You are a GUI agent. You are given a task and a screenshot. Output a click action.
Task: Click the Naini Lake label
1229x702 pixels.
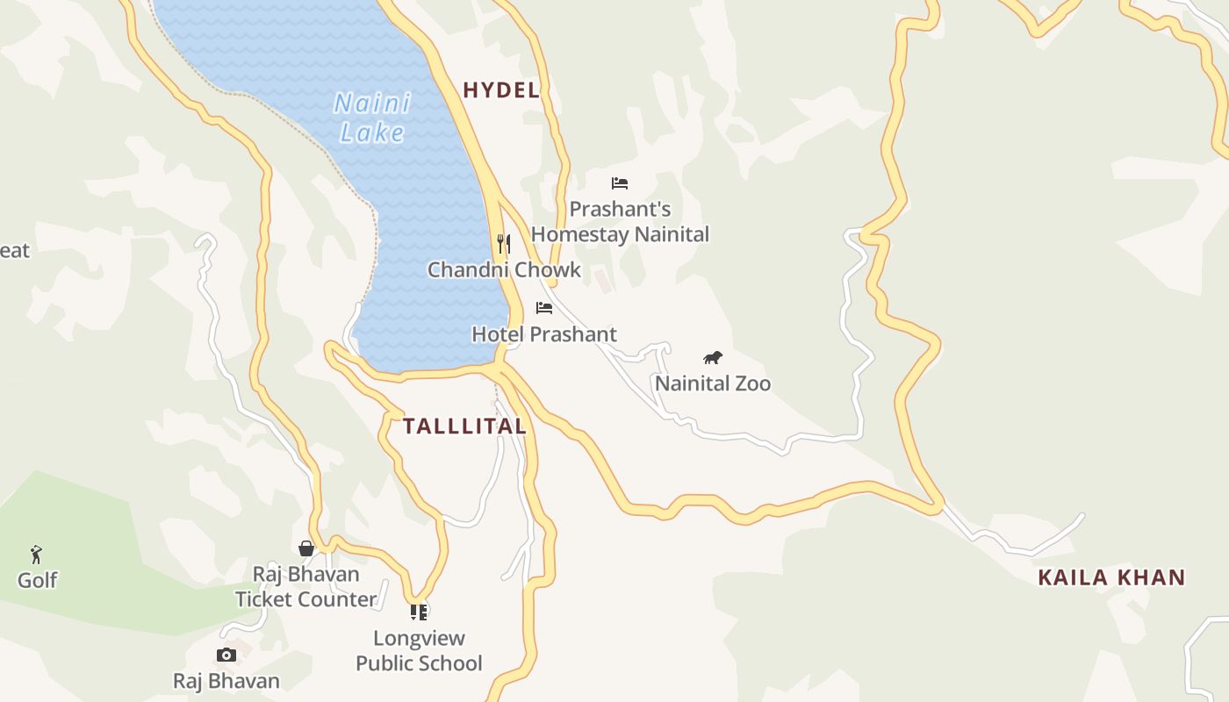click(372, 118)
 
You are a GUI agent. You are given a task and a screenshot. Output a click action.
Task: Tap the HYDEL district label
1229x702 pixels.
click(500, 90)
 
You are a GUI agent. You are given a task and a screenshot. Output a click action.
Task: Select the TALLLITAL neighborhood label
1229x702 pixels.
click(464, 426)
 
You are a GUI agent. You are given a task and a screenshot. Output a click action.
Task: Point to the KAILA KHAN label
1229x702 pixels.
click(1111, 577)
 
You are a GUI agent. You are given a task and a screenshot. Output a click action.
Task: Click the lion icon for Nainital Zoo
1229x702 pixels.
click(713, 357)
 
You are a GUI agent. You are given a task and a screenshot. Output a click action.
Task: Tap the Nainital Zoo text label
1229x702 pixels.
click(713, 383)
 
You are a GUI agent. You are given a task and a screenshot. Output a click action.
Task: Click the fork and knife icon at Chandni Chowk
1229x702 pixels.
click(504, 243)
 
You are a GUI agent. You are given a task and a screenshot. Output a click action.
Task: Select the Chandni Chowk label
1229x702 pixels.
click(504, 269)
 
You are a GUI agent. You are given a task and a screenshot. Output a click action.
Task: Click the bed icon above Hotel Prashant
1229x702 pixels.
click(544, 308)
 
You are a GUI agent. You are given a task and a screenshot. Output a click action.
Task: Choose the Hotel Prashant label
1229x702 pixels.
click(544, 334)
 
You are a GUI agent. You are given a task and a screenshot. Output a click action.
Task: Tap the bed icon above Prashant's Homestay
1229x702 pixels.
click(620, 183)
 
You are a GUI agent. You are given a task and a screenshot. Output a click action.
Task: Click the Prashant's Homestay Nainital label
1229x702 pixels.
click(620, 222)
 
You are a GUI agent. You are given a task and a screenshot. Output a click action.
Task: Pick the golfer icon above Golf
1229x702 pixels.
click(36, 555)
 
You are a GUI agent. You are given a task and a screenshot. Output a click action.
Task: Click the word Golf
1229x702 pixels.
click(38, 580)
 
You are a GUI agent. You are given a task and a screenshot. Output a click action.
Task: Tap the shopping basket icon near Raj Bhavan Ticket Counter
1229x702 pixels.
click(306, 548)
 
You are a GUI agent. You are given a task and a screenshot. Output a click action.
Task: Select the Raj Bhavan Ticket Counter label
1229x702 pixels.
click(305, 587)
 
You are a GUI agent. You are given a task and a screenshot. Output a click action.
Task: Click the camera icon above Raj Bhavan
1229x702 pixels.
click(226, 655)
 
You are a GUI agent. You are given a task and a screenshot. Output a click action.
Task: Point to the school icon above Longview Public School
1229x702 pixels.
click(419, 612)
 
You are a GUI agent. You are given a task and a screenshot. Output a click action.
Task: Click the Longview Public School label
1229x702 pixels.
click(419, 650)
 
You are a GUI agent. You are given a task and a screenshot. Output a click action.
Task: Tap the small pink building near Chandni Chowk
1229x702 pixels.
click(602, 280)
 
